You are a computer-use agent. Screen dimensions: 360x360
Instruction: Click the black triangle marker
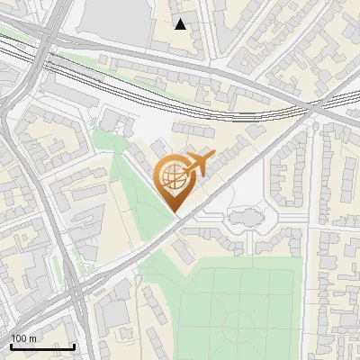[x=181, y=24]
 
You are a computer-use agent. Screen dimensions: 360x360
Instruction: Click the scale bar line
[x=41, y=346]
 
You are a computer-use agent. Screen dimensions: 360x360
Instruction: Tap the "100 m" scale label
[x=23, y=338]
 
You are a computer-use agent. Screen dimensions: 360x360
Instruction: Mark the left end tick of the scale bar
[x=10, y=345]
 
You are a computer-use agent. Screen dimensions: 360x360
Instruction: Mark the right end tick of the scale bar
[x=74, y=345]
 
